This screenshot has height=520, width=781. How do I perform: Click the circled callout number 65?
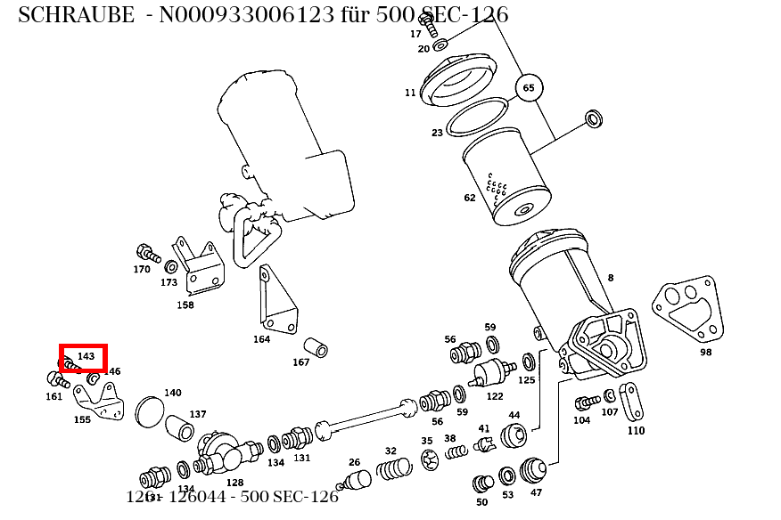pos(529,88)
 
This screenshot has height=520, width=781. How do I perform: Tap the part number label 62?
pos(470,198)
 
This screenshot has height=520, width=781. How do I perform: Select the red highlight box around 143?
pos(83,358)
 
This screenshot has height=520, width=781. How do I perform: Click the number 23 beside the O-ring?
pos(437,133)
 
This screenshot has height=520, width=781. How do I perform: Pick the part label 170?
pos(142,269)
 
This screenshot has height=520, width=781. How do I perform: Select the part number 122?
pos(495,396)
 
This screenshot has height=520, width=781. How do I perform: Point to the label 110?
pos(636,431)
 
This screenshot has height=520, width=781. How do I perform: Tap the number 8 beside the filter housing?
pos(611,278)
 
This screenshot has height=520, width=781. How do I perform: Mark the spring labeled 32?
pos(393,467)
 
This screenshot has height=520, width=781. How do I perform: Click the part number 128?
pos(234,483)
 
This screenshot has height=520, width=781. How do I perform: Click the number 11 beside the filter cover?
pos(410,93)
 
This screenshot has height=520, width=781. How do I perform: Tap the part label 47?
pos(536,492)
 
